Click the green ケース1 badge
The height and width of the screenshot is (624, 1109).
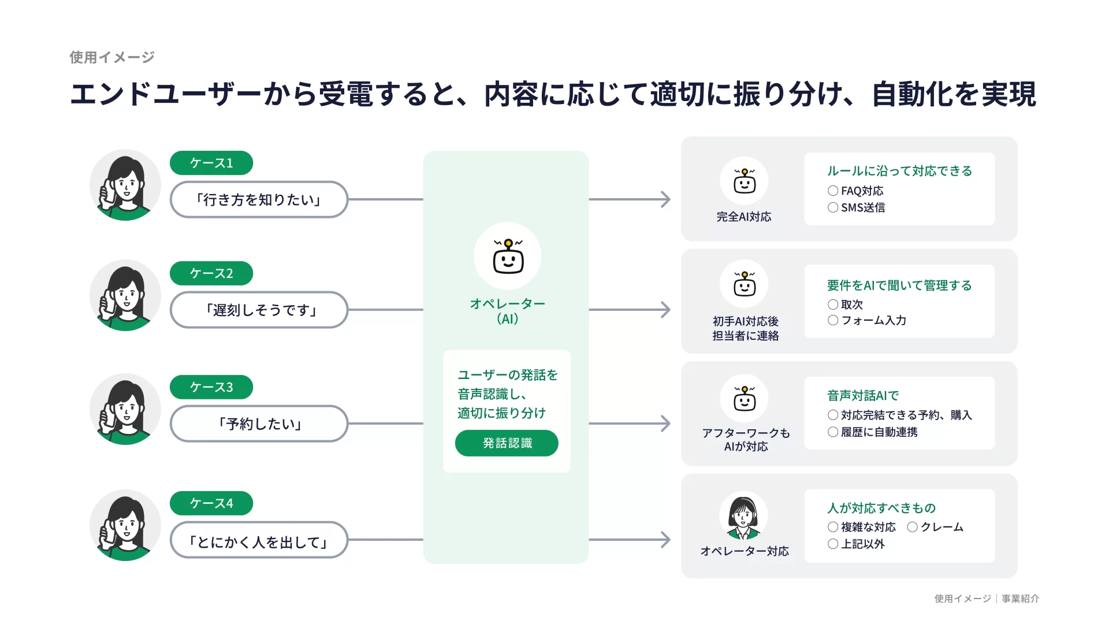coord(211,163)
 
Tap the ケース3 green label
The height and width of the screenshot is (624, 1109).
coord(211,387)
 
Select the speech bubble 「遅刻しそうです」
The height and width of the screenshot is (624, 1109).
coord(259,310)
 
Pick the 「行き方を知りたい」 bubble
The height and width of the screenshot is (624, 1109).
coord(259,200)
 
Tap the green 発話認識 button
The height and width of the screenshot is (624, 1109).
coord(507,443)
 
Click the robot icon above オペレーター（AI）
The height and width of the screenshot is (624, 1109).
coord(508,256)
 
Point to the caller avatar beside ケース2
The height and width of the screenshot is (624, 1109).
coord(125,295)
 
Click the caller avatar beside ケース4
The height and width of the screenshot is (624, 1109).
coord(125,525)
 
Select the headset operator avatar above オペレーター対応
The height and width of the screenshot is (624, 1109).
coord(744,515)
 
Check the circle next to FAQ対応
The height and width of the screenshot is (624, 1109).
coord(833,191)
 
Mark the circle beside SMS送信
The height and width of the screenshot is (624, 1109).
coord(833,207)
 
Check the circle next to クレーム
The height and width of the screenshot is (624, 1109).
coord(913,527)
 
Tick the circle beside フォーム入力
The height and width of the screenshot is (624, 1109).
coord(833,320)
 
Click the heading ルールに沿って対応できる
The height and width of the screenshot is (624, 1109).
coord(899,171)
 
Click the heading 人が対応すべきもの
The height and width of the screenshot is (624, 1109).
coord(881,508)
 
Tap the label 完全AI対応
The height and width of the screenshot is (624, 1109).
coord(744,217)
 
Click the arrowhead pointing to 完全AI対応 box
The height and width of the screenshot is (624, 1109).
coord(666,199)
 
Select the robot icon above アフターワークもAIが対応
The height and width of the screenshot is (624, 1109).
coord(744,399)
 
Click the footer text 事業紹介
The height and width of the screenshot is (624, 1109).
coord(1020,599)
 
